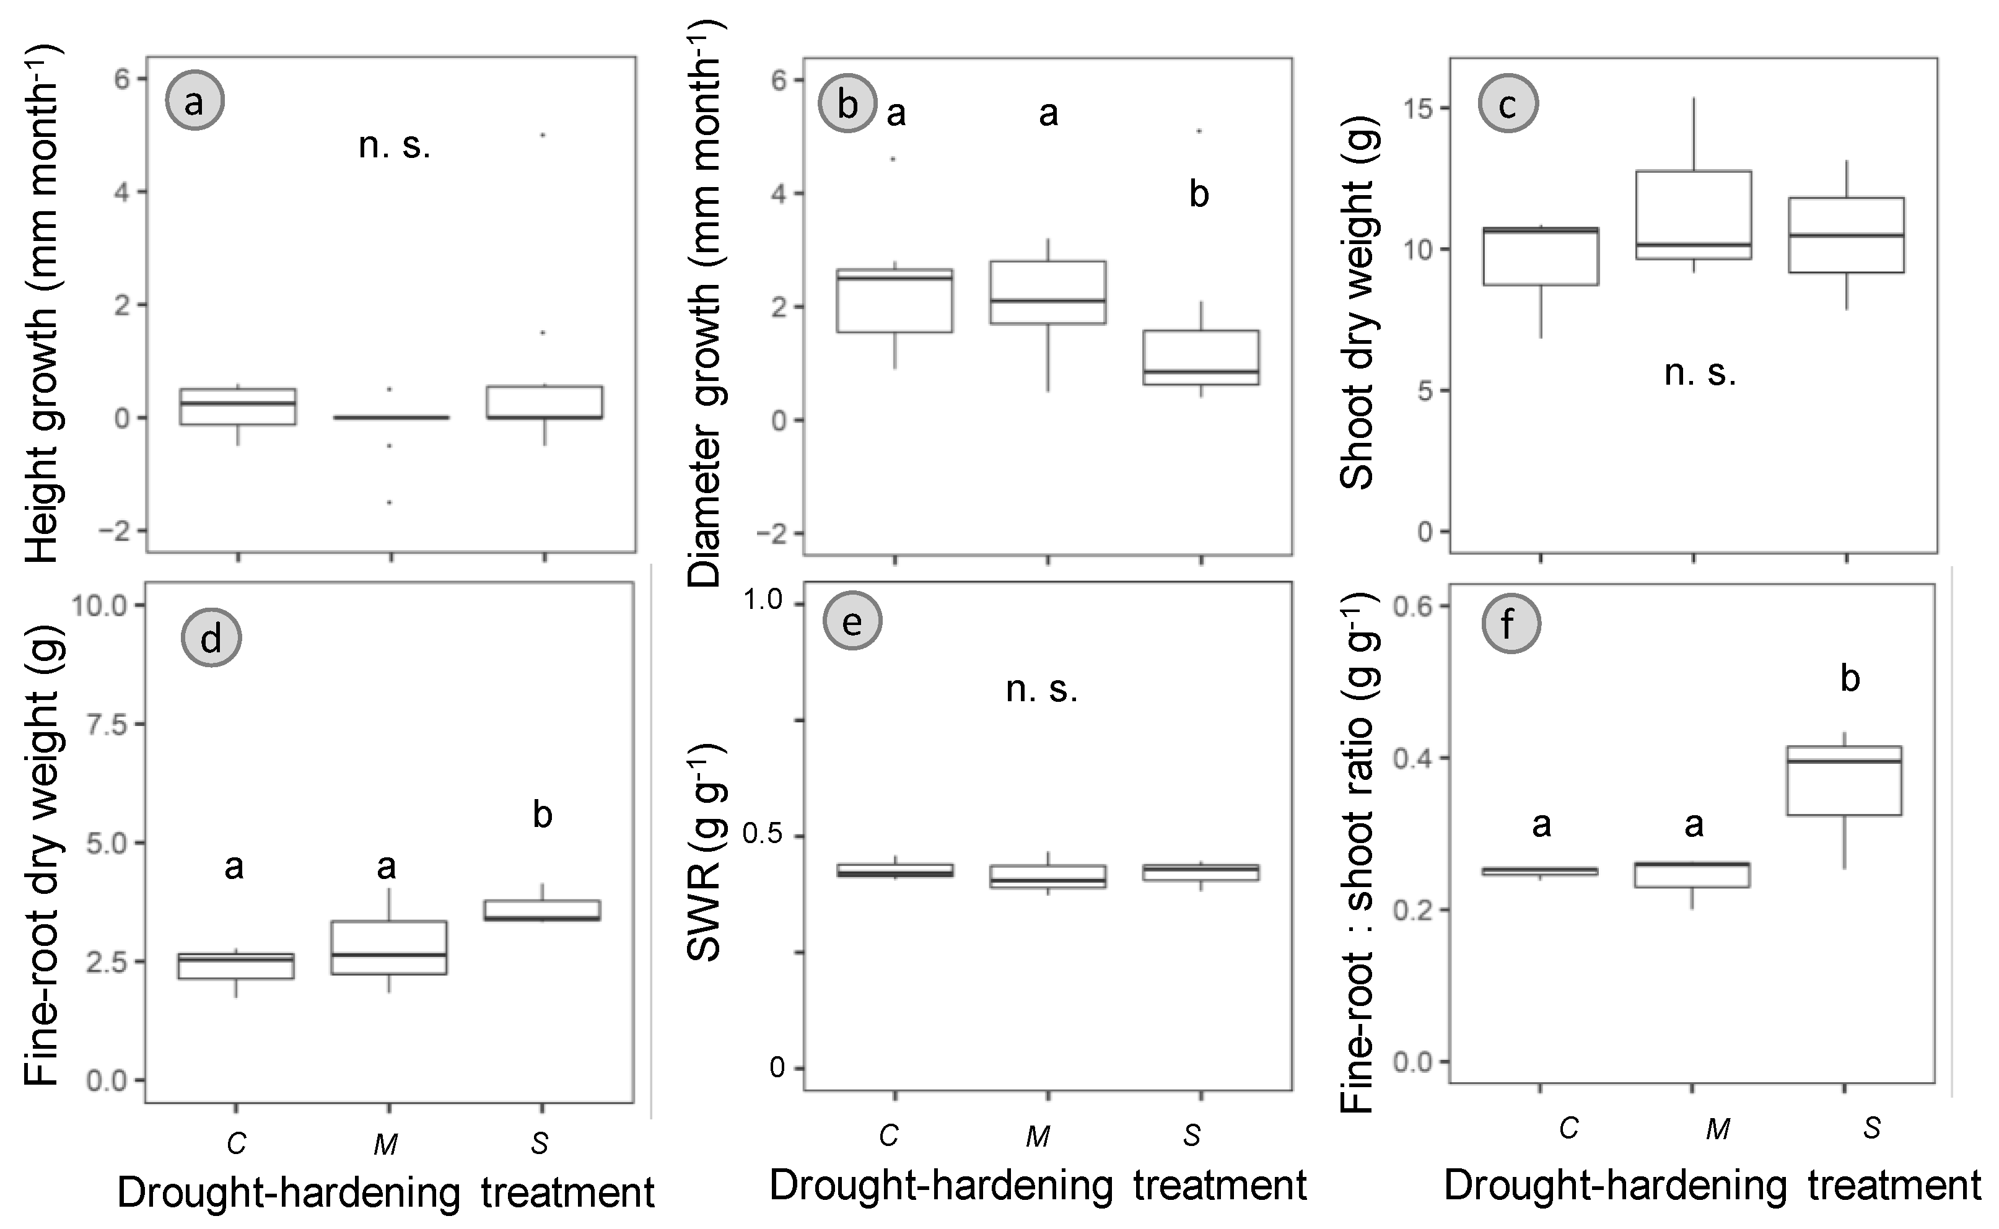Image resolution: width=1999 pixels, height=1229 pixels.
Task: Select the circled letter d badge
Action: [211, 639]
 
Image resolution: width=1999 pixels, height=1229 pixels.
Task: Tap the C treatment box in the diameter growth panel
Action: [895, 301]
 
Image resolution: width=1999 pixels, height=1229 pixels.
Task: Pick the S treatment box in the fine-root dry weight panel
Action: [542, 911]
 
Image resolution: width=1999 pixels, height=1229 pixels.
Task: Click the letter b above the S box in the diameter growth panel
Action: [1199, 195]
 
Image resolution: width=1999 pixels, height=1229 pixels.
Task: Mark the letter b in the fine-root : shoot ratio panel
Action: [1850, 679]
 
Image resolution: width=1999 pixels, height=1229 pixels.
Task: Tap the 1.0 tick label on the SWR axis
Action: [764, 601]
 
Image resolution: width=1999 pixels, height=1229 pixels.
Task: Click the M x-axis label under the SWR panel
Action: [1038, 1135]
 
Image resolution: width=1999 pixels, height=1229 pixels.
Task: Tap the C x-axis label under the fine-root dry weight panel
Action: [235, 1144]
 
